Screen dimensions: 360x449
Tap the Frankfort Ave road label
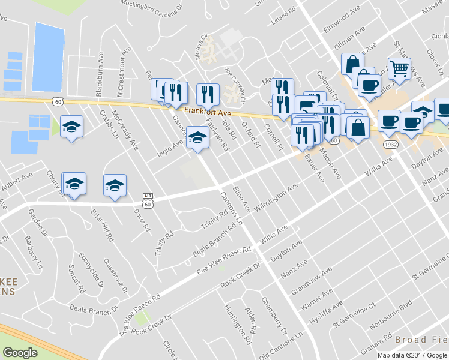(207, 111)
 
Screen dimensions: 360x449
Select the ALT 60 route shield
(148, 200)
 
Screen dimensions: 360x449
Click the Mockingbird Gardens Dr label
(151, 6)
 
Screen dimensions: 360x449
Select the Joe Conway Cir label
(235, 83)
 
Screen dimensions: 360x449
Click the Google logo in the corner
(20, 353)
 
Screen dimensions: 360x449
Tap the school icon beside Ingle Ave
(197, 137)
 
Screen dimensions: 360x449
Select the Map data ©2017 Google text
(411, 355)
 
